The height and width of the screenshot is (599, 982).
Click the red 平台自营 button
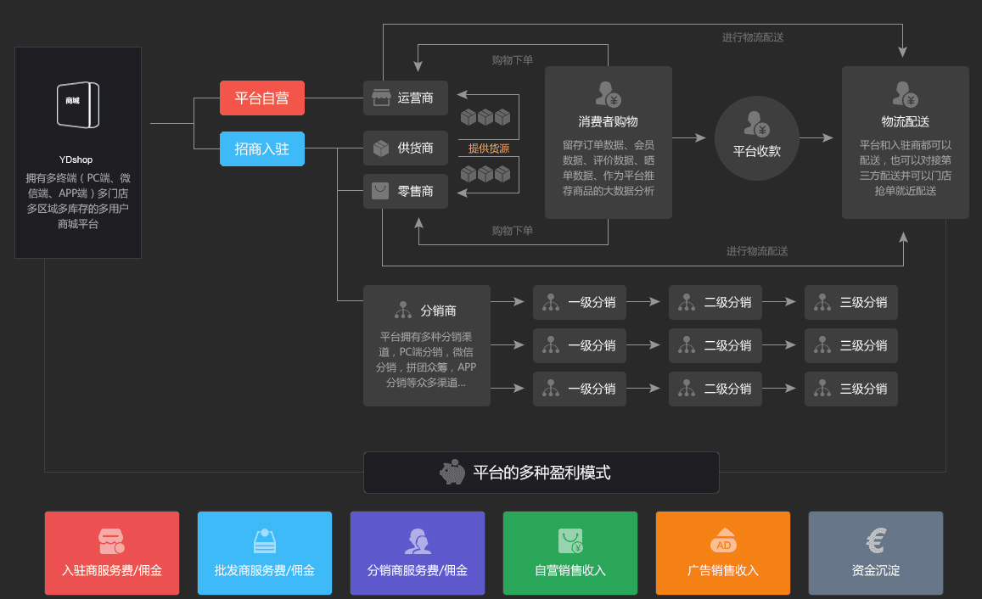pos(261,98)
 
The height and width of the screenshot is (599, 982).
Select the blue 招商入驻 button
pos(261,148)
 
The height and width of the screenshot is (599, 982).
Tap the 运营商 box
pos(406,98)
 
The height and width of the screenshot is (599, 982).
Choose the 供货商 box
pos(406,148)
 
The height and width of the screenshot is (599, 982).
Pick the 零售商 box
pos(406,192)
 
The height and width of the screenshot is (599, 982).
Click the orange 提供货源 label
pos(489,148)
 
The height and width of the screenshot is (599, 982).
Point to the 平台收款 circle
pos(756,138)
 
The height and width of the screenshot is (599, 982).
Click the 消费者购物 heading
pos(608,121)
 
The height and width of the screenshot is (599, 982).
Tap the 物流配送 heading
pos(905,121)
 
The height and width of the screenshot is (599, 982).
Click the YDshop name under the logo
pos(76,160)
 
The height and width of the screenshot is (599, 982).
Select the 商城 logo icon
pos(77,104)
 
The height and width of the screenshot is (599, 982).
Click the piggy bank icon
pos(452,473)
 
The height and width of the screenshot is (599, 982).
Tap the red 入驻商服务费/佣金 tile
pos(112,553)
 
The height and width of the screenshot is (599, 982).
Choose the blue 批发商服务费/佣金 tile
pos(265,553)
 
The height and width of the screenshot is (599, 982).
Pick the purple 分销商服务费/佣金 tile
pos(418,553)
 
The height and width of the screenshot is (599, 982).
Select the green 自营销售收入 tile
pos(570,553)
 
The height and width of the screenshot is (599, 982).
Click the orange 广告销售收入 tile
pos(723,553)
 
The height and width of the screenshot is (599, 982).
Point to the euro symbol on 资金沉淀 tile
pos(876,540)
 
